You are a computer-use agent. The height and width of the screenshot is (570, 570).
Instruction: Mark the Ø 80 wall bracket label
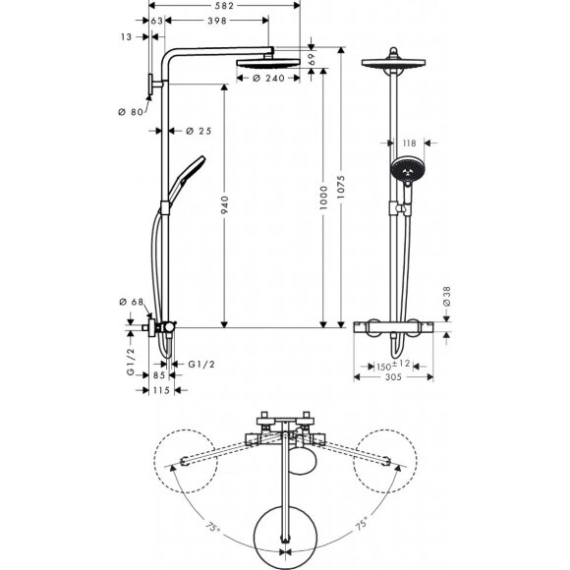point(130,111)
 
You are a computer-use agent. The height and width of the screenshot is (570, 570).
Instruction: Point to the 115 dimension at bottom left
point(162,390)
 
